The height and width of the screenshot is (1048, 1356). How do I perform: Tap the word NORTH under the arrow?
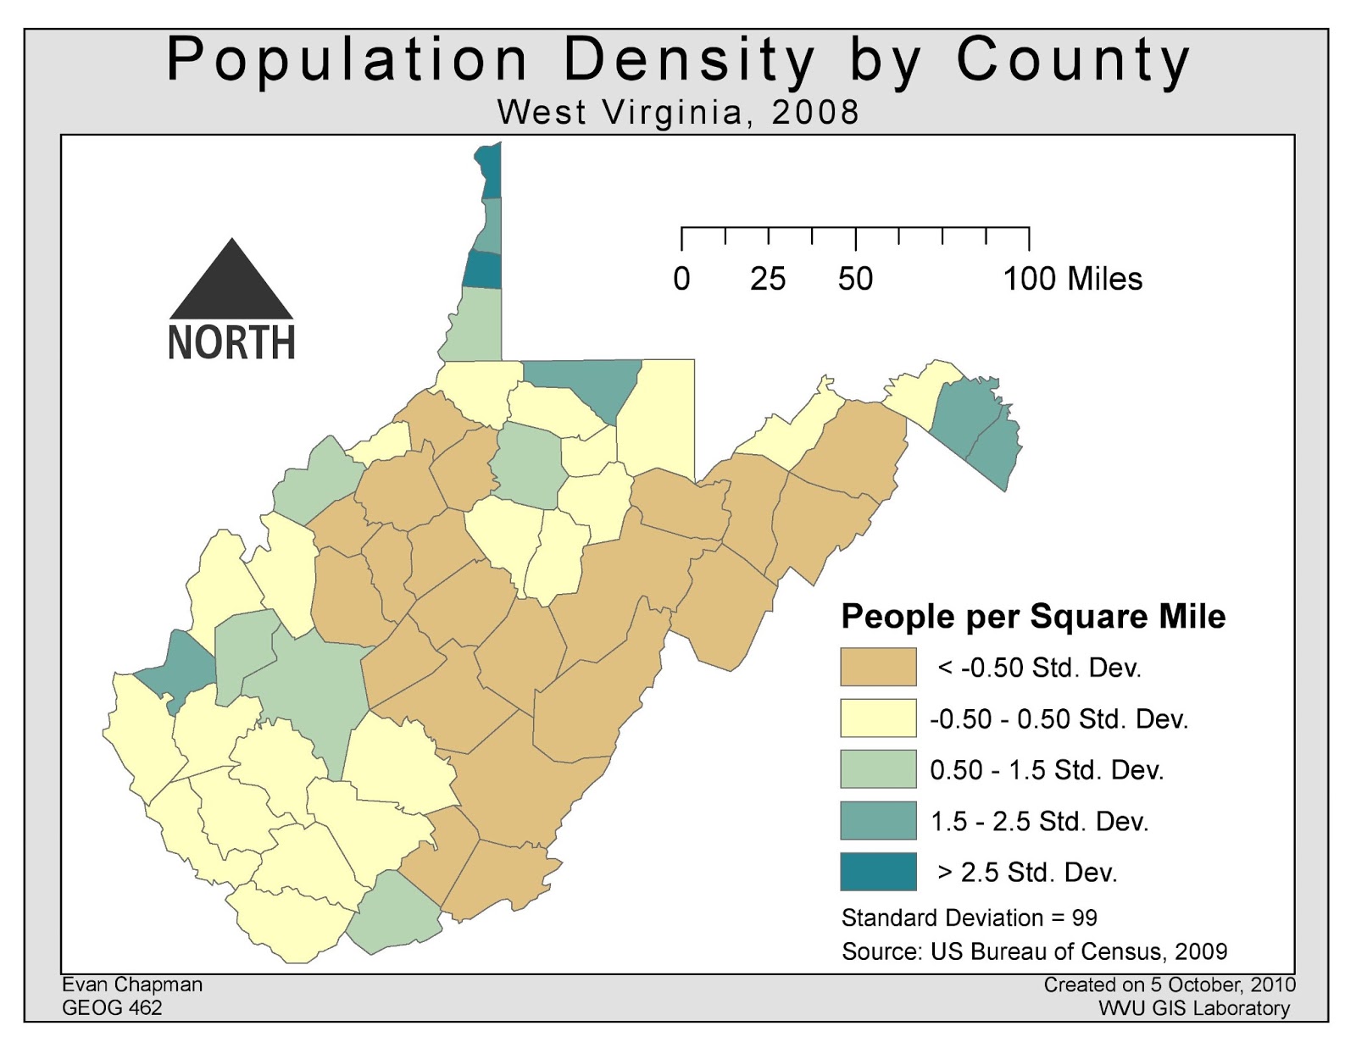click(x=231, y=342)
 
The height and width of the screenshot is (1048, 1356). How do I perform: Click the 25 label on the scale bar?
click(x=768, y=279)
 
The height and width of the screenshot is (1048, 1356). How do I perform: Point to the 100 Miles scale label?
click(x=1072, y=279)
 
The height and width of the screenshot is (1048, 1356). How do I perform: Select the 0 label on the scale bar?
click(x=681, y=279)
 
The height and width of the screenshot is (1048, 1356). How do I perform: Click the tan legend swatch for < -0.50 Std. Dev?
click(x=878, y=667)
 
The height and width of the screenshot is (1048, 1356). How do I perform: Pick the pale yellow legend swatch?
click(x=878, y=718)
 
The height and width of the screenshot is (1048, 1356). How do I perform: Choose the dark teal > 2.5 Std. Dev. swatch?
click(x=878, y=871)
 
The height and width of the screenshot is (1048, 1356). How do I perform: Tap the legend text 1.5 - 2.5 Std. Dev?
click(x=1039, y=821)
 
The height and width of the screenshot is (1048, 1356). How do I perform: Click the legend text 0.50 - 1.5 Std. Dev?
click(x=1047, y=770)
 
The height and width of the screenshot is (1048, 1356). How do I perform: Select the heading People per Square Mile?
click(x=1032, y=616)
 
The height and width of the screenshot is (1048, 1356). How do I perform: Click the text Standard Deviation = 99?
click(x=969, y=918)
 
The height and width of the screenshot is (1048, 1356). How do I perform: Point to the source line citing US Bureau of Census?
click(x=1034, y=951)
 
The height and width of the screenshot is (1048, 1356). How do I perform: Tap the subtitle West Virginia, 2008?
click(x=678, y=112)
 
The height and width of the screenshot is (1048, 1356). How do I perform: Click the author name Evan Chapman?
click(x=132, y=984)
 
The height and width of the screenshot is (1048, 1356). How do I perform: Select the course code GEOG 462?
click(x=112, y=1007)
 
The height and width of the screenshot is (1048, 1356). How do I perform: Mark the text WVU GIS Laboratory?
click(x=1193, y=1008)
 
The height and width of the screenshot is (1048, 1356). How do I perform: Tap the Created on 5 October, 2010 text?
click(x=1169, y=984)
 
